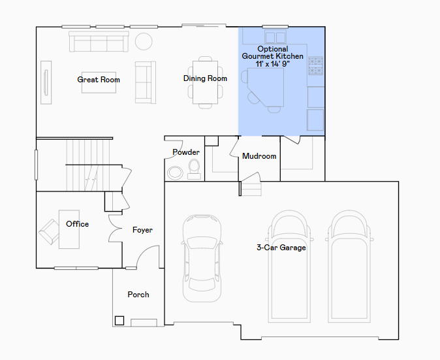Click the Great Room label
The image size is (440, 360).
(x=99, y=80)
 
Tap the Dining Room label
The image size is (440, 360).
(x=205, y=78)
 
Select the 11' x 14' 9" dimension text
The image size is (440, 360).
(x=272, y=64)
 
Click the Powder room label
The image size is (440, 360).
(x=186, y=152)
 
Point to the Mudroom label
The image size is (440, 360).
(x=259, y=156)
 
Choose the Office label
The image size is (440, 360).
(x=78, y=224)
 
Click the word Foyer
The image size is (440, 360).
(x=142, y=230)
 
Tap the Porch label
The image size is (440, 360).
(x=138, y=295)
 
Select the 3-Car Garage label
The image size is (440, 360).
(x=281, y=248)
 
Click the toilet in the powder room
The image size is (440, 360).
(x=194, y=169)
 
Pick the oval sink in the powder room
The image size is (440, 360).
(x=175, y=172)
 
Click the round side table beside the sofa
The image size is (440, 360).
(x=144, y=42)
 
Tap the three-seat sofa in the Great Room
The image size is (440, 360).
(x=99, y=42)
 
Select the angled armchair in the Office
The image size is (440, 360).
(x=49, y=232)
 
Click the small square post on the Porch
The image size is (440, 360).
(x=119, y=321)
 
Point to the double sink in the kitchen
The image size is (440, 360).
(x=275, y=37)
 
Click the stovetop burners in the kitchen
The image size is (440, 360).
(x=316, y=66)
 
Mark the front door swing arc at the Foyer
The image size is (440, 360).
(x=145, y=251)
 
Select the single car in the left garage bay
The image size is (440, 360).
(x=202, y=258)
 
